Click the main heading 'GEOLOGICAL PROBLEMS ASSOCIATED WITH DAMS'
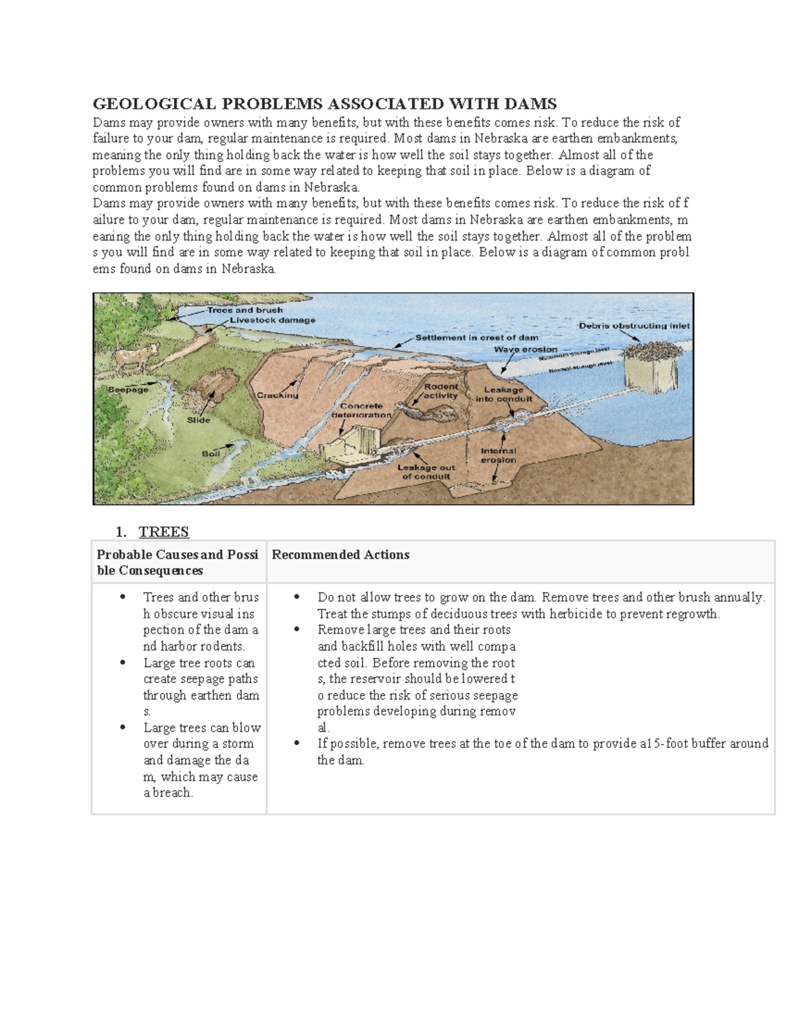click(325, 104)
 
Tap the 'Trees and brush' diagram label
click(245, 310)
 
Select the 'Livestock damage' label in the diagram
click(272, 321)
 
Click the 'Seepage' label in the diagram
click(128, 389)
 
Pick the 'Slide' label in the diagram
click(198, 420)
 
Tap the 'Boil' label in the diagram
click(211, 454)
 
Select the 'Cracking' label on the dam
click(277, 395)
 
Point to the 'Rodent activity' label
click(441, 391)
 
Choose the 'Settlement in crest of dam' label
click(477, 338)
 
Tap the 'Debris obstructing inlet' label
click(634, 325)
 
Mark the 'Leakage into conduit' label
click(504, 394)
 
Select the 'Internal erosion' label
click(498, 455)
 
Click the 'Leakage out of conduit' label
click(426, 472)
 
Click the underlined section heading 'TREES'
click(163, 532)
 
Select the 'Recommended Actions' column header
click(340, 555)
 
